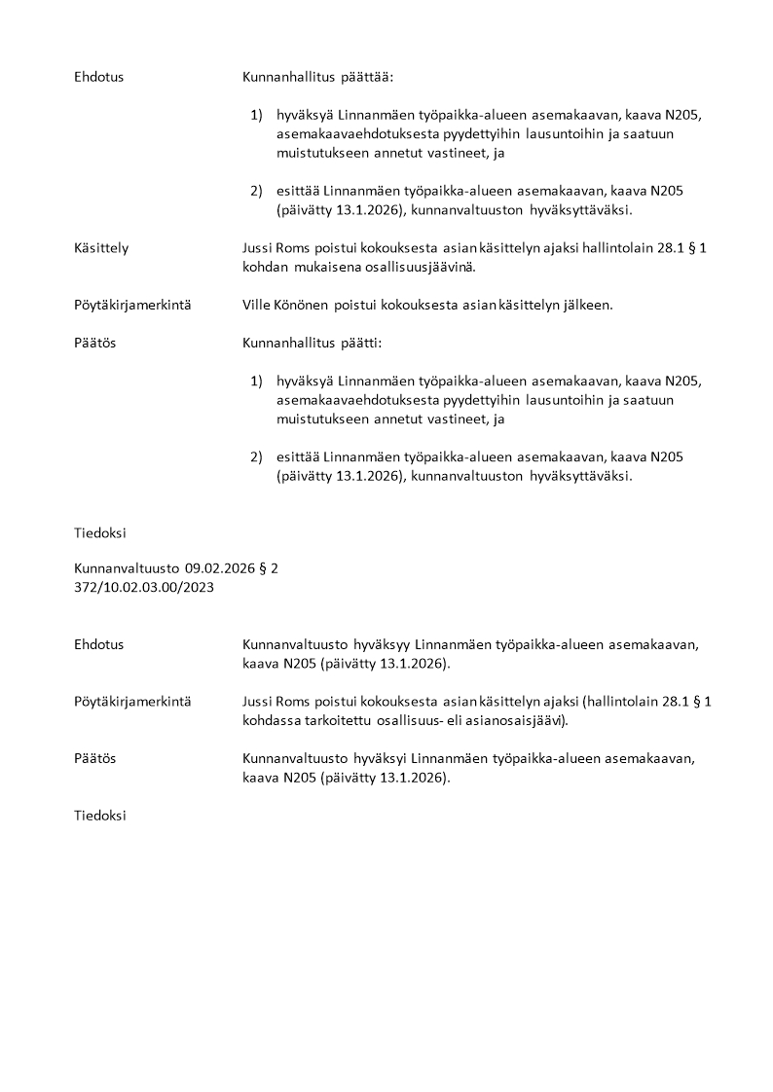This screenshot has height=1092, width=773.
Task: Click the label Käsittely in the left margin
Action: (101, 248)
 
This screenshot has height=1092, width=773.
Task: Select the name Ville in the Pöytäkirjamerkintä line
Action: (257, 305)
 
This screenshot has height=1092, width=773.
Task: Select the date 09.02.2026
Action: (220, 568)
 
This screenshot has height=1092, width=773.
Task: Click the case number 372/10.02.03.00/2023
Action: (144, 587)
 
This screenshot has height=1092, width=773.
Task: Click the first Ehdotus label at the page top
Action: (98, 76)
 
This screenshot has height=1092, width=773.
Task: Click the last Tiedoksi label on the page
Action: (99, 816)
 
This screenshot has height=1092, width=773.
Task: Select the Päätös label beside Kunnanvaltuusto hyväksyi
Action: (94, 758)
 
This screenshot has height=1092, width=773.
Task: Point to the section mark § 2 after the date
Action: (270, 568)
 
